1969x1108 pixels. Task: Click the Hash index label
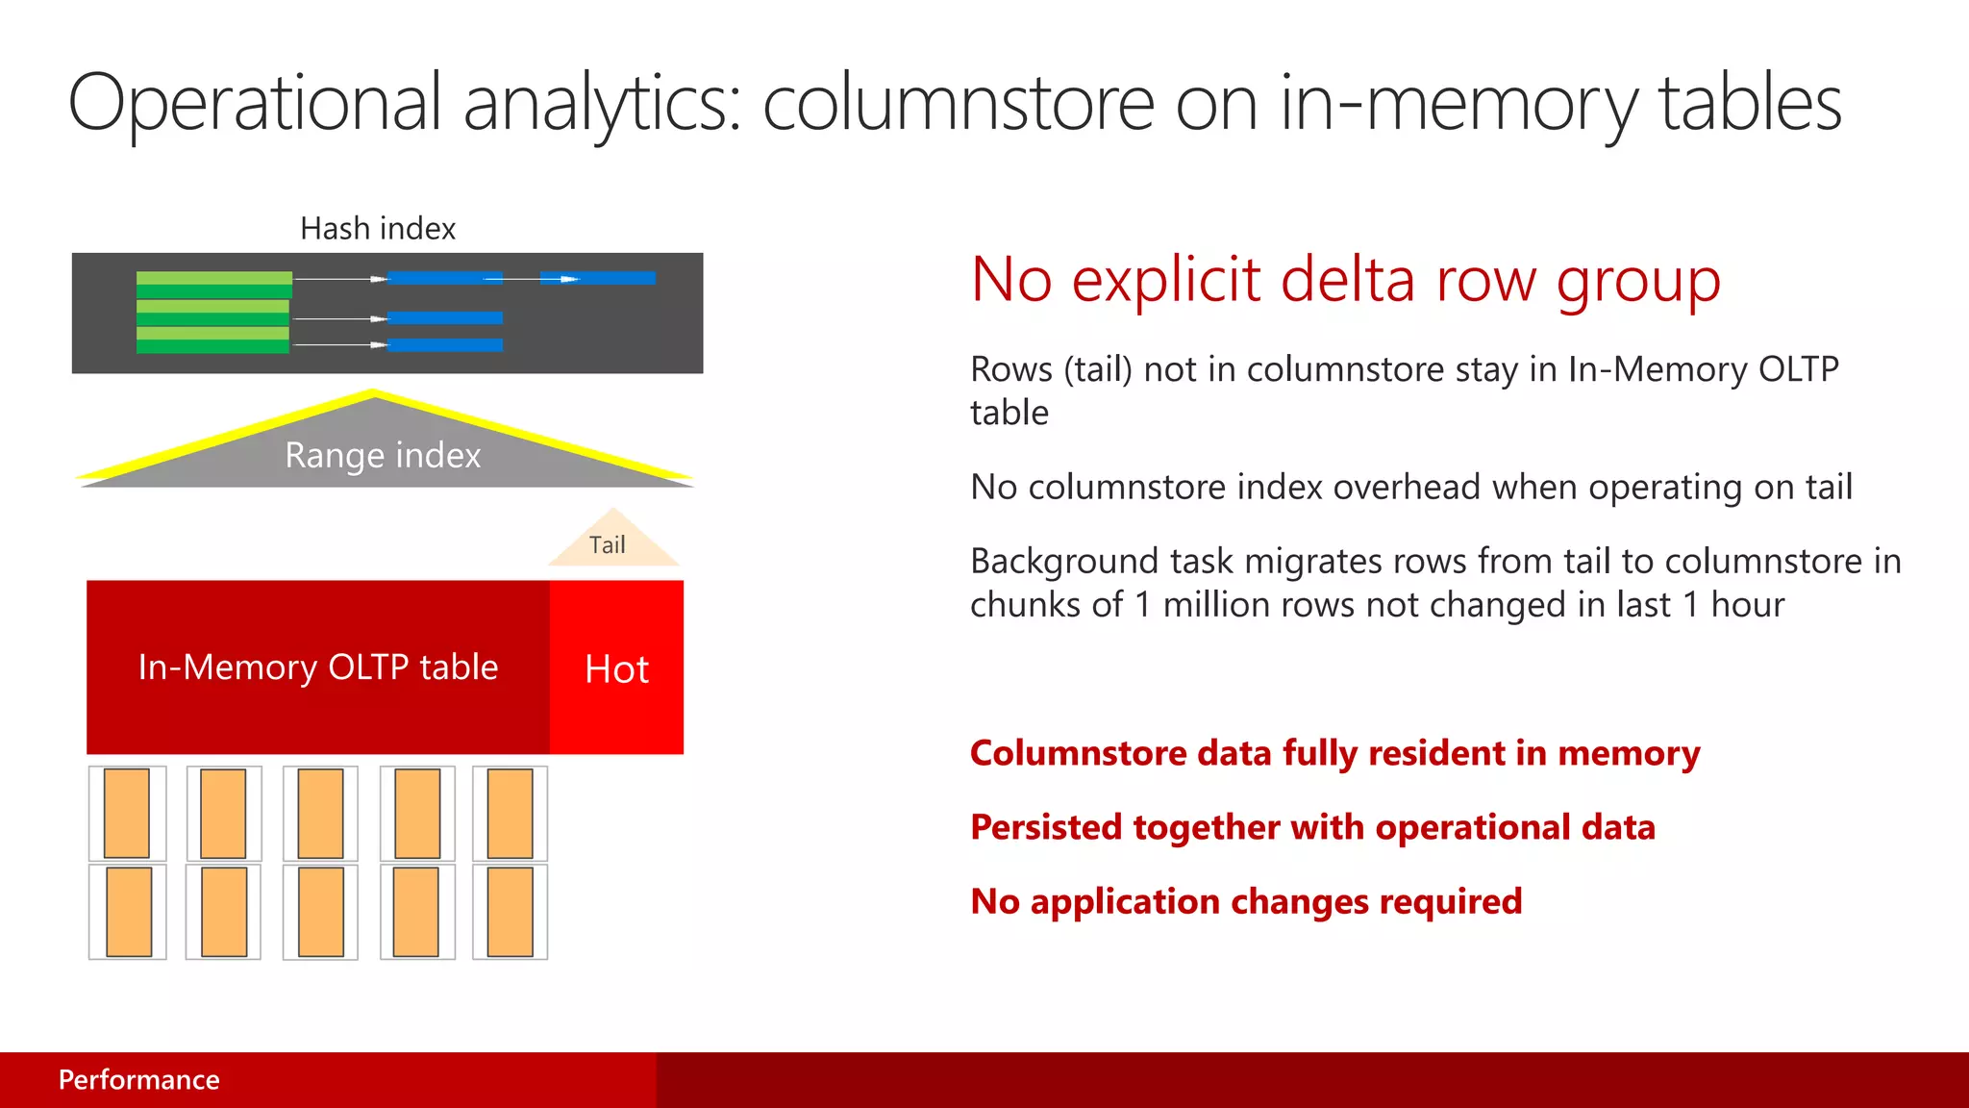click(x=378, y=229)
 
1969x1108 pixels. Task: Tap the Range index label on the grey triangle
click(x=383, y=455)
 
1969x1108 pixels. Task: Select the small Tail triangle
click(x=611, y=542)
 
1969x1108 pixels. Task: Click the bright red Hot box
click(x=616, y=667)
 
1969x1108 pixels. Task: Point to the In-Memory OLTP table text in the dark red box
click(x=318, y=667)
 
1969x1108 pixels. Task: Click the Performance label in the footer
click(x=138, y=1079)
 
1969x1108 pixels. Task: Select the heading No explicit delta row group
click(x=1345, y=280)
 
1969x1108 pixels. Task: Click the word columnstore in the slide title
click(x=958, y=104)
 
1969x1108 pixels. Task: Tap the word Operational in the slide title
click(x=255, y=104)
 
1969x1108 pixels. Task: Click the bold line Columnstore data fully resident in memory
click(x=1334, y=753)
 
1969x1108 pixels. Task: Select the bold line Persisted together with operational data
click(x=1312, y=827)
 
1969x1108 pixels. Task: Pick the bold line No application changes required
click(x=1246, y=901)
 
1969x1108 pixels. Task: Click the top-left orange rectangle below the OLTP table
click(x=127, y=813)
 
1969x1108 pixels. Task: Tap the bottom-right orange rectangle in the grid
click(x=510, y=911)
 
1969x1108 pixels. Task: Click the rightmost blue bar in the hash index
click(x=598, y=278)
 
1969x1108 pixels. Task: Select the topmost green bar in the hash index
click(x=213, y=278)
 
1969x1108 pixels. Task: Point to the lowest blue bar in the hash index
click(x=444, y=344)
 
